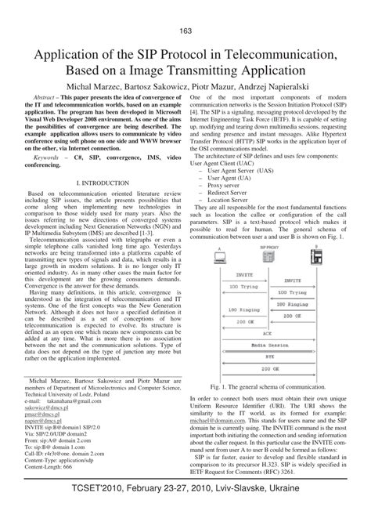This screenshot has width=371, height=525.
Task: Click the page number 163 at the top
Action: click(185, 31)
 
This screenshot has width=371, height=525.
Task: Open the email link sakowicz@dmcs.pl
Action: click(52, 408)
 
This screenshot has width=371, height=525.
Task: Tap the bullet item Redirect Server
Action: click(236, 190)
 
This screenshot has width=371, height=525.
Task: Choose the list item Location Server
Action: click(236, 200)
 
